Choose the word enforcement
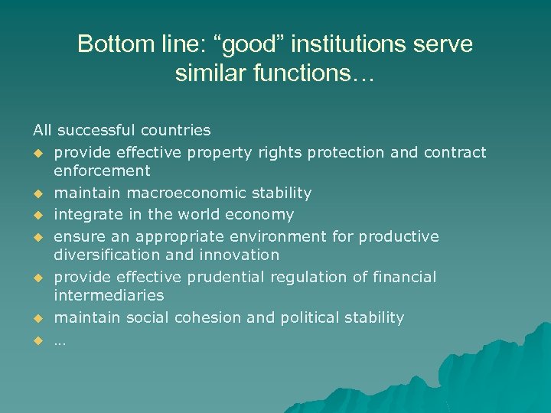coord(102,171)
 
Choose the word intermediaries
coord(109,295)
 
